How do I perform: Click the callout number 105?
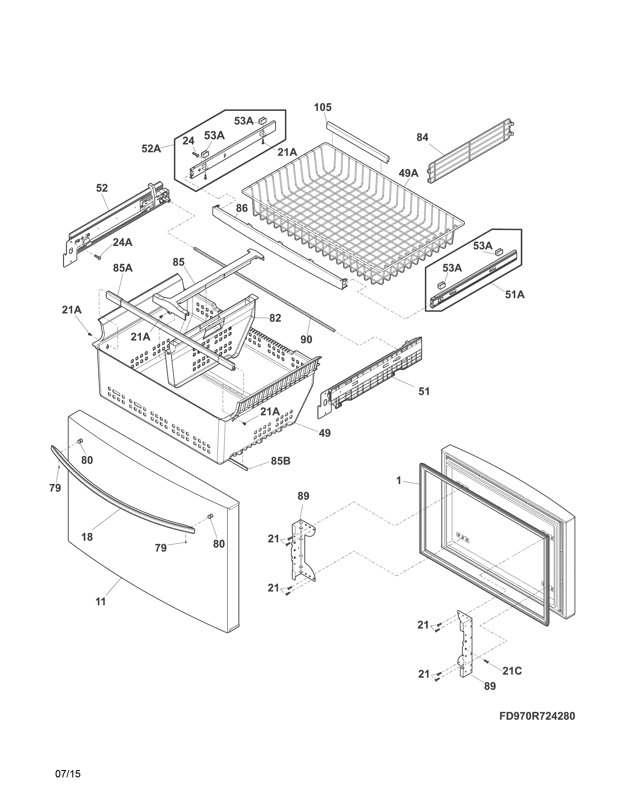point(323,107)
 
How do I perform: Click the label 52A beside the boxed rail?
point(151,149)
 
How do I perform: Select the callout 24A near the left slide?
point(122,243)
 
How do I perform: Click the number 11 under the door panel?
point(101,602)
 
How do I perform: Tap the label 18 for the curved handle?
point(87,537)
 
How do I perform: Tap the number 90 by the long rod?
point(306,339)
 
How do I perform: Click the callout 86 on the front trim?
point(241,208)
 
